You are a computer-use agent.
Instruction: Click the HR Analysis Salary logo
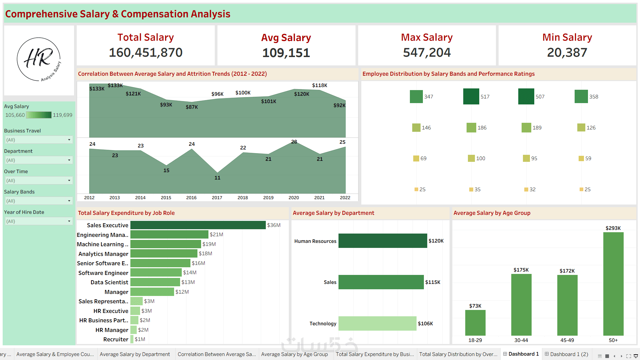coord(39,59)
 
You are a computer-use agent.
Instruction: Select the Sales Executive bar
coord(198,225)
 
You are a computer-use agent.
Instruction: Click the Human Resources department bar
coord(383,241)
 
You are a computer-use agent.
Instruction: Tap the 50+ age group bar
coord(613,284)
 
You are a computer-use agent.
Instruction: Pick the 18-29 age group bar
coord(475,323)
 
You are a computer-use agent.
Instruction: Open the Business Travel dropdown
coord(39,140)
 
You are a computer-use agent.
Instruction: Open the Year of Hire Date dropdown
coord(39,221)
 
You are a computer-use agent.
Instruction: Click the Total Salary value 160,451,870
coord(146,52)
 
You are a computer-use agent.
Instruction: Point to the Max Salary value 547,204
coord(427,52)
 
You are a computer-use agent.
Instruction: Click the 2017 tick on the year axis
coord(217,198)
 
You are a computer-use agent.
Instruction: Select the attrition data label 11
coord(217,178)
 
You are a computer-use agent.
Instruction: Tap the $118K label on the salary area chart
coord(319,85)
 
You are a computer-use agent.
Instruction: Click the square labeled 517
coord(471,96)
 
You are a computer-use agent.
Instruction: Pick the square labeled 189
coord(526,127)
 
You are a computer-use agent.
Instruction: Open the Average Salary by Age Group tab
coord(294,354)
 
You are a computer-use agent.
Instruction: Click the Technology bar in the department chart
coord(377,323)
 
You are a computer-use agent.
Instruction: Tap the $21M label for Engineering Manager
coord(216,235)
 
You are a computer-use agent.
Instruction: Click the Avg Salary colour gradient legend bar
coord(39,115)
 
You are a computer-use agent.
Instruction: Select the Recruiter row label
coord(116,339)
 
